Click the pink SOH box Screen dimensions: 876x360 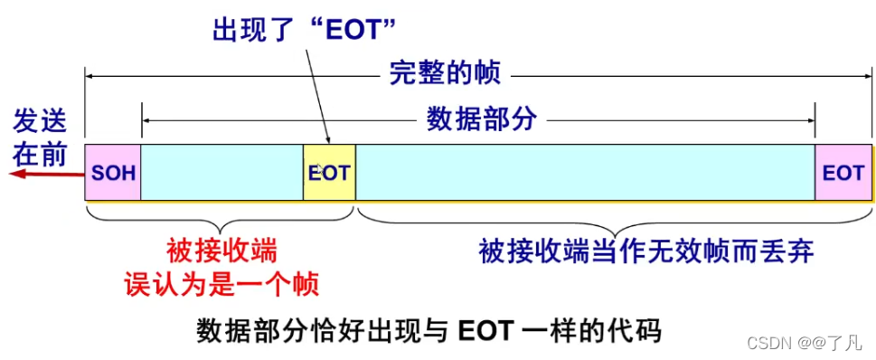click(113, 172)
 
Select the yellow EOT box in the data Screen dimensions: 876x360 click(329, 172)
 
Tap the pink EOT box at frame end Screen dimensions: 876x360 click(843, 172)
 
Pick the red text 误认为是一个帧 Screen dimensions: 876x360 click(222, 284)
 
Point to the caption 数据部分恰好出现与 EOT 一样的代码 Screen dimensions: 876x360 click(429, 330)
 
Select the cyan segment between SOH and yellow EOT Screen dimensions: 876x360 click(221, 172)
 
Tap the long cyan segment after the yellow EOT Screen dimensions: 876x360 click(586, 172)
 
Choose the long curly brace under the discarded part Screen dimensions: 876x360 click(615, 217)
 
